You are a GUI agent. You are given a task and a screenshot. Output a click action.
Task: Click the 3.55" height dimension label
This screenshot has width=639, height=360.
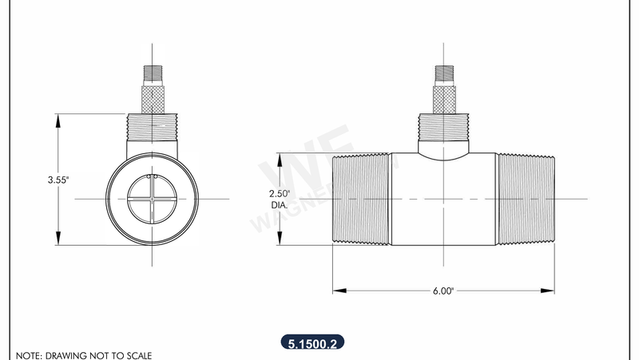tap(58, 180)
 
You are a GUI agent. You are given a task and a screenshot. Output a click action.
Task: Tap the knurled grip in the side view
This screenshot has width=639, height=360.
tap(443, 100)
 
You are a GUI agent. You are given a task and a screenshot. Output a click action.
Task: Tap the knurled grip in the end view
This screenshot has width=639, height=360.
tap(151, 100)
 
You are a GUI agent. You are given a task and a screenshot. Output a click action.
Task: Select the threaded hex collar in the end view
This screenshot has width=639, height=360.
tap(151, 128)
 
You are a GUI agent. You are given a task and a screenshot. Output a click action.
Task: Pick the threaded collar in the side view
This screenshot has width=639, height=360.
tap(443, 128)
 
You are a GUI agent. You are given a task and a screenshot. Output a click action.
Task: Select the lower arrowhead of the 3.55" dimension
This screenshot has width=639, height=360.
tap(58, 243)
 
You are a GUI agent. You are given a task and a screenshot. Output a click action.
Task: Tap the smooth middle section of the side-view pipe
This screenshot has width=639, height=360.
tap(443, 208)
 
